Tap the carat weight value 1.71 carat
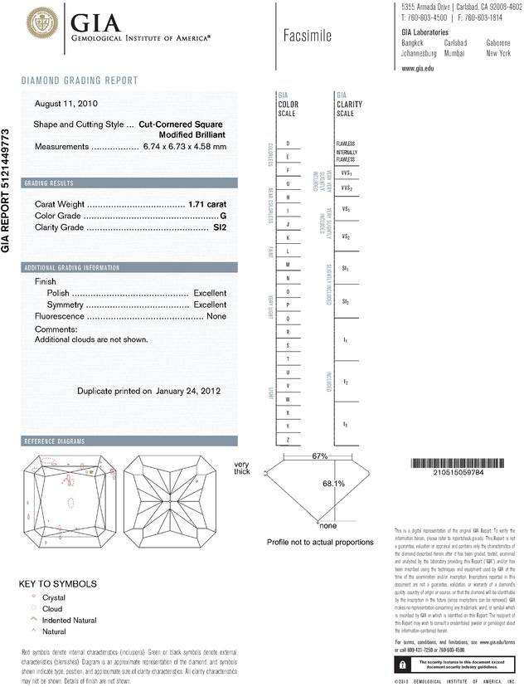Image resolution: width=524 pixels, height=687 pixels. [207, 203]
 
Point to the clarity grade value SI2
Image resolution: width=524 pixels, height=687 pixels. [220, 227]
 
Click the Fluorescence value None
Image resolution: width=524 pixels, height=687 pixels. [216, 316]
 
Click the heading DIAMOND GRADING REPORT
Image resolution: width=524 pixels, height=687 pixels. [80, 80]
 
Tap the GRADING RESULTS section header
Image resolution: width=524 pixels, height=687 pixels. [49, 183]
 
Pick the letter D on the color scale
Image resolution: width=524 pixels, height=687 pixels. [287, 144]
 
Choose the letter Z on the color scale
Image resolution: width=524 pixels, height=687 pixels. [287, 438]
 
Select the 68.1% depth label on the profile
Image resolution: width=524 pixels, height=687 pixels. [333, 482]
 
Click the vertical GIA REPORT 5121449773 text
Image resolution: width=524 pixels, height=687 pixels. [7, 190]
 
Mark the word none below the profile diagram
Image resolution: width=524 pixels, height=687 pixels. [328, 525]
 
